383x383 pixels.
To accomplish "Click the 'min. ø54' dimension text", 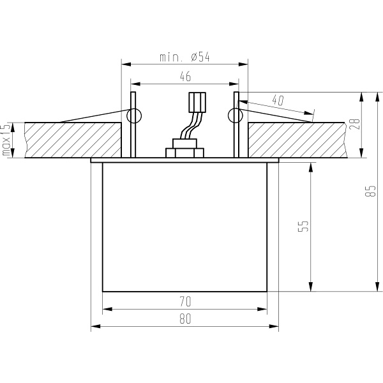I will (184, 57).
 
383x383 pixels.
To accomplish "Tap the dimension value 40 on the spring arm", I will (277, 100).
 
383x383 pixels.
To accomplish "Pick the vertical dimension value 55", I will (303, 227).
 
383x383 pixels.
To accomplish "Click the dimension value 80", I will (185, 320).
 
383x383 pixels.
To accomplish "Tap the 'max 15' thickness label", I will (7, 140).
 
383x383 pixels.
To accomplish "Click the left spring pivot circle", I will (134, 116).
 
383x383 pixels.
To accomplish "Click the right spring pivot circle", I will (236, 116).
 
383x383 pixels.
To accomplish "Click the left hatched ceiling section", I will (70, 140).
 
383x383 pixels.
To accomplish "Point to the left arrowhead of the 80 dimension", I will (94, 327).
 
